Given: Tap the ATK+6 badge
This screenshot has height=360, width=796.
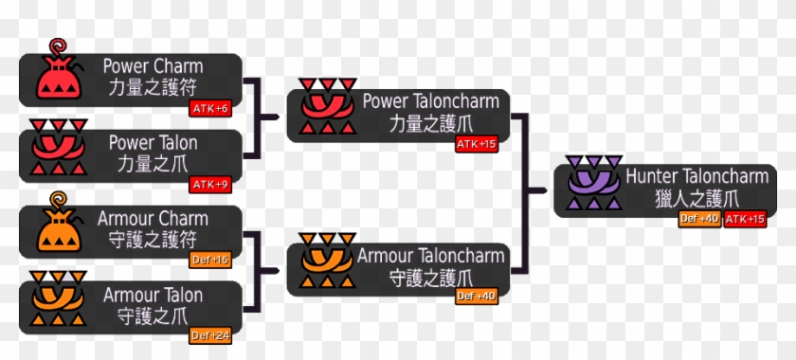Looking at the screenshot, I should (x=210, y=108).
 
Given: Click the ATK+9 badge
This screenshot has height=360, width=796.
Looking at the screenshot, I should (x=210, y=184).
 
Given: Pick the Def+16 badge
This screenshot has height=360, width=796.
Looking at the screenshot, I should (x=209, y=260).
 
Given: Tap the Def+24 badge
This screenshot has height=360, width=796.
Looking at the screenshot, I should (x=209, y=335).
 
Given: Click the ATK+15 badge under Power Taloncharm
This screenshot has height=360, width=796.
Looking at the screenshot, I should (x=476, y=144).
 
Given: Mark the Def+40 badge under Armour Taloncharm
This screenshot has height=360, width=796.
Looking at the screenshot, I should (x=476, y=296).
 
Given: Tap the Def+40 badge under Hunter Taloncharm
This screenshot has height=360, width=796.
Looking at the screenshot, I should (x=699, y=220).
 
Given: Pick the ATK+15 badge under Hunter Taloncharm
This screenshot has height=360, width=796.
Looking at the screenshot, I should (x=745, y=220).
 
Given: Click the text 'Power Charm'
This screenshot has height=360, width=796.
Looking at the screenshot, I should (x=153, y=66).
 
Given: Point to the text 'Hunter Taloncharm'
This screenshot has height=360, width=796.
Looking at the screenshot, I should (x=696, y=176).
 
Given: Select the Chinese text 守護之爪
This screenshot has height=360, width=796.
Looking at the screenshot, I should (x=153, y=314).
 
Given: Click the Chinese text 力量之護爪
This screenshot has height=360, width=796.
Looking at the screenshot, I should (x=430, y=123).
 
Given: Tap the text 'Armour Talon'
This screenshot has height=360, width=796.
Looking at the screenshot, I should (x=153, y=294).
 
